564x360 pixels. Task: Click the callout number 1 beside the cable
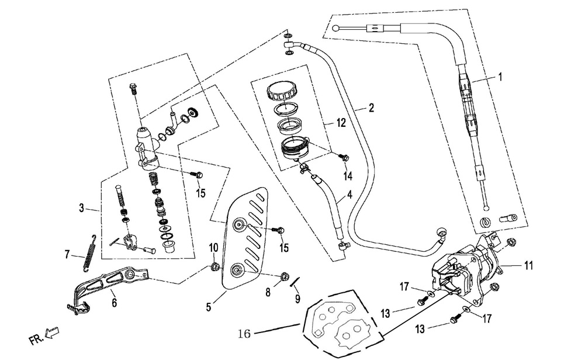[x=500, y=76]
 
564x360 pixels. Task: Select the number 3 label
[x=82, y=207]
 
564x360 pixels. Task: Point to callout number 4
[x=349, y=194]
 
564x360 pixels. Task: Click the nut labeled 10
[x=215, y=268]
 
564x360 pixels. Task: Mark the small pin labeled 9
[x=295, y=283]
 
